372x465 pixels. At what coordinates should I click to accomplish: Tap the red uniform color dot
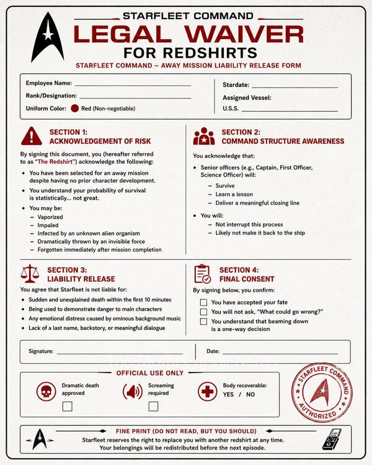(x=74, y=108)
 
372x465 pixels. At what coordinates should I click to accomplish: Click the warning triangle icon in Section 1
(x=32, y=136)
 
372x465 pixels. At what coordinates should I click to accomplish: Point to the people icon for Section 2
(x=204, y=136)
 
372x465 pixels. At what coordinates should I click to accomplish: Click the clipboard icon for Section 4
(x=202, y=273)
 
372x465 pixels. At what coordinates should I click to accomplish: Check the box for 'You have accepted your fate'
(x=203, y=303)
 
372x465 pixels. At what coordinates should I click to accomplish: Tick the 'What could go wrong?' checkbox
(x=203, y=312)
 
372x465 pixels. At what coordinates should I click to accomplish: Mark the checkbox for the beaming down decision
(x=203, y=322)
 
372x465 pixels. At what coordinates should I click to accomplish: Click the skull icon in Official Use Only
(x=46, y=391)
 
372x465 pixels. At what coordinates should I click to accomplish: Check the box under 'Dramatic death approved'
(x=67, y=407)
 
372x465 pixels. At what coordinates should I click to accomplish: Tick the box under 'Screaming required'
(x=153, y=407)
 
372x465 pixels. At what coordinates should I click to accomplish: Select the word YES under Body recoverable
(x=228, y=394)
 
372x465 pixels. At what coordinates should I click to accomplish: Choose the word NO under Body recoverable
(x=250, y=394)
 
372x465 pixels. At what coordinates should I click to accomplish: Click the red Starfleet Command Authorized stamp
(x=322, y=392)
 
